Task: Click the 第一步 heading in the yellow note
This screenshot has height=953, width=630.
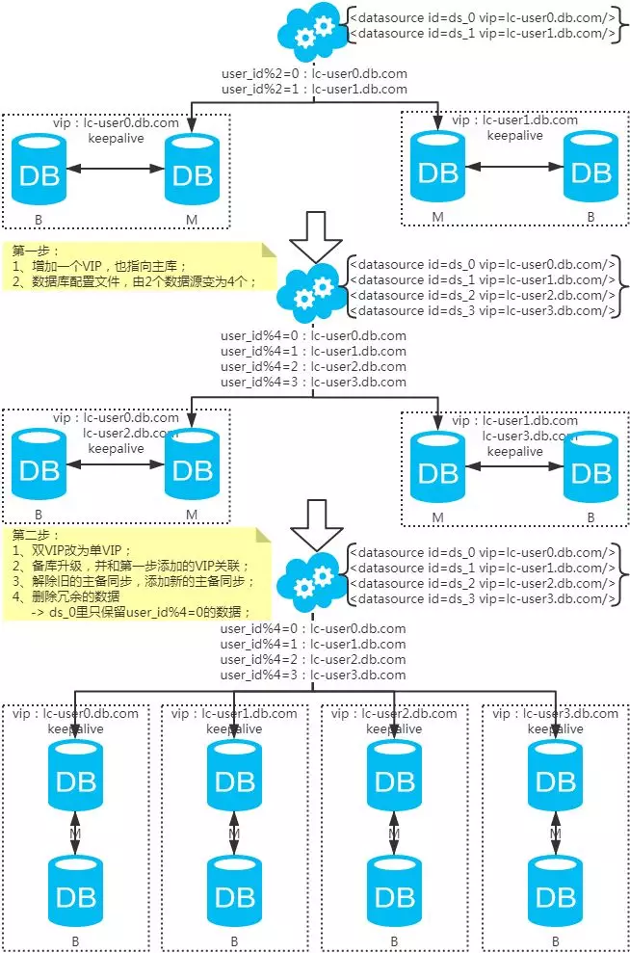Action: tap(29, 250)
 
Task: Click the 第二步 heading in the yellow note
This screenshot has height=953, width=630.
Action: tap(29, 534)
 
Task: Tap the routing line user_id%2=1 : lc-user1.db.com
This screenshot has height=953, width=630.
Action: tap(313, 89)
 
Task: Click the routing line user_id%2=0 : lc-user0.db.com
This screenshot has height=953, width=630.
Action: tap(313, 74)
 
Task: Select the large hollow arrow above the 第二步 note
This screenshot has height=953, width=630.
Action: tap(316, 517)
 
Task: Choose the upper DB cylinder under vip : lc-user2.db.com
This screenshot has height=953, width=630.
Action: tap(392, 778)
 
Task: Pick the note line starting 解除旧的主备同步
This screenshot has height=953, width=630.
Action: tap(135, 581)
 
